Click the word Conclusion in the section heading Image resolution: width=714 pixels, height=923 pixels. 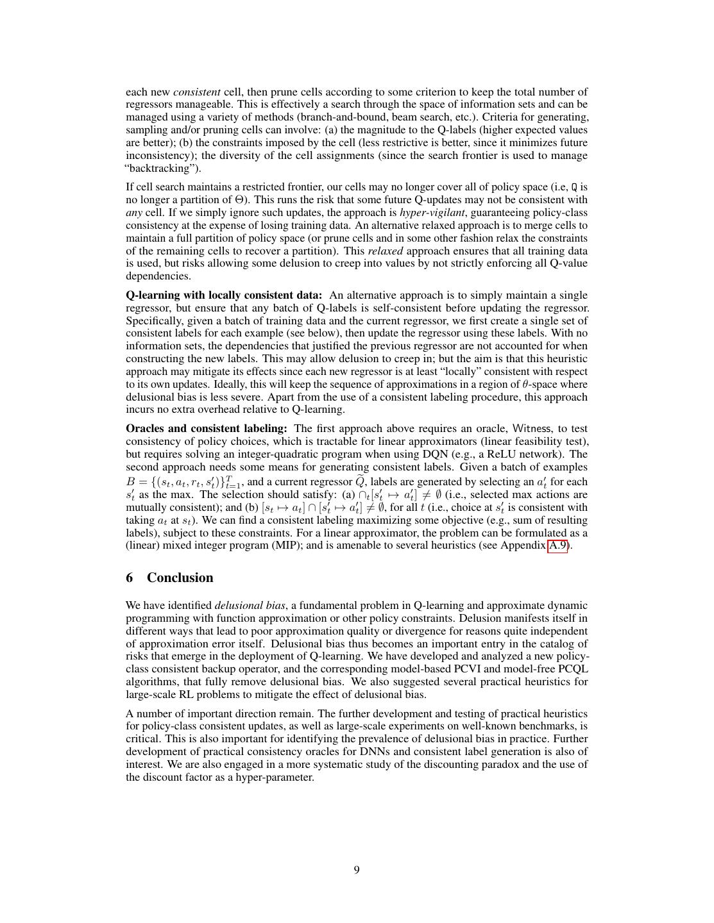point(180,578)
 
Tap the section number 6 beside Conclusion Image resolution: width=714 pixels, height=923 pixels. point(130,578)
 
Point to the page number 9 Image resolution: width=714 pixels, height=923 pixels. point(357,870)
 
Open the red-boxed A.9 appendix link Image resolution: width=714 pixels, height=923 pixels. point(557,545)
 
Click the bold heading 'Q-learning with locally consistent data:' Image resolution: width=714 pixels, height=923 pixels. point(224,295)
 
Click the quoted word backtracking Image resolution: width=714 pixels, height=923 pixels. point(163,169)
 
